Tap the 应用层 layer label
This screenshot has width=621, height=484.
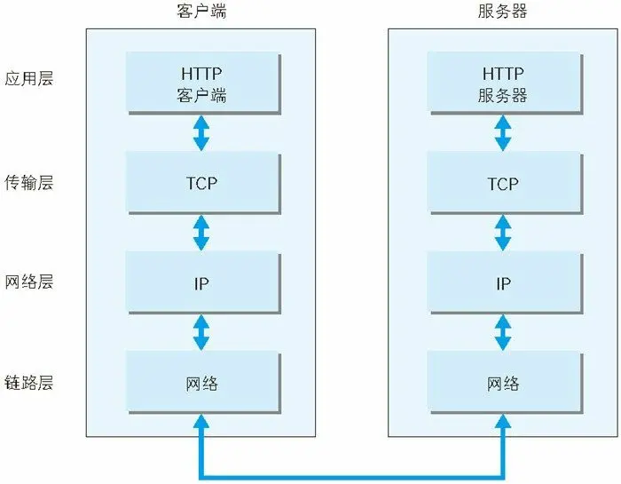point(28,78)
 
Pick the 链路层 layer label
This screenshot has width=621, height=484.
point(28,383)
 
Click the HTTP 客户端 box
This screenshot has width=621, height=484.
point(202,83)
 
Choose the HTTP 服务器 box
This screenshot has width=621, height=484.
point(503,83)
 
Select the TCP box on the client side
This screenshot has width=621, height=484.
point(202,184)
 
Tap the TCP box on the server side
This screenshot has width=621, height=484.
point(503,184)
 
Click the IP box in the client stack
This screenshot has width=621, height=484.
point(202,283)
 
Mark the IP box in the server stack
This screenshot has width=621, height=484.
point(503,283)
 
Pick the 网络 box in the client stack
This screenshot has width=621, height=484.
point(202,384)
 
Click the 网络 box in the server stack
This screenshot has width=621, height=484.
point(503,384)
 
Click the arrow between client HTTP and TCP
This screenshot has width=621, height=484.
point(202,132)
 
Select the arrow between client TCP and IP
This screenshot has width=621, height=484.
point(202,233)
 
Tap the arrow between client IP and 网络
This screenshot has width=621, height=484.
point(202,333)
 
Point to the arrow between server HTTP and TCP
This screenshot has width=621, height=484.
point(503,132)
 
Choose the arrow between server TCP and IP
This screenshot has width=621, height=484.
point(503,233)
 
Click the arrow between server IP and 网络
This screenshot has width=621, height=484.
point(503,333)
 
